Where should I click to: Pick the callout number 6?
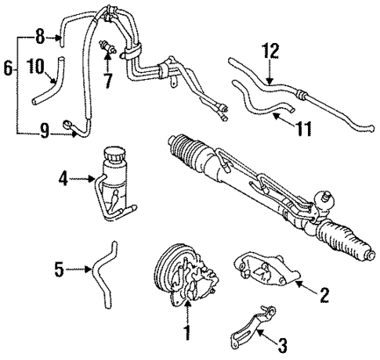7,69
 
